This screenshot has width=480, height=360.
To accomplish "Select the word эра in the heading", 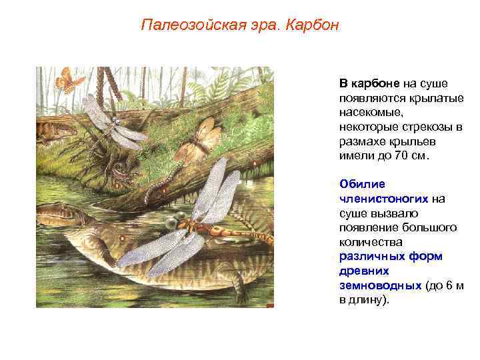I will coord(259,26).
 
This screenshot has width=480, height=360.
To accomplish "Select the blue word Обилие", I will coord(357,183).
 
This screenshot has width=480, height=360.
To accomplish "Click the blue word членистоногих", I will coord(383,198).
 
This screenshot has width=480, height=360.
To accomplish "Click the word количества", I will coord(369,241).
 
